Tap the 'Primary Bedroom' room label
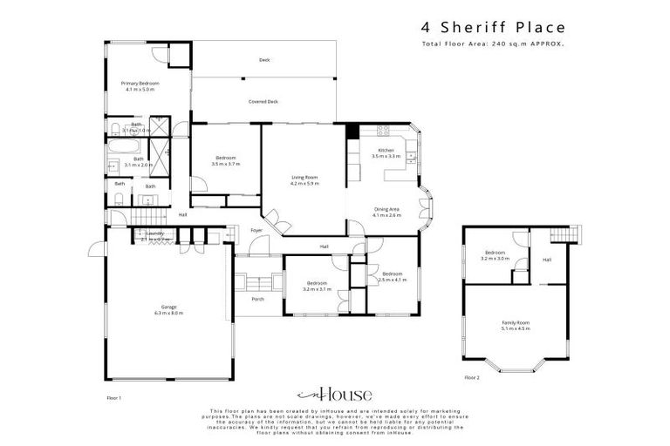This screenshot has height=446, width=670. [140, 84]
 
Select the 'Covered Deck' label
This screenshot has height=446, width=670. [263, 102]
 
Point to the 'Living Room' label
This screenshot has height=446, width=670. [304, 178]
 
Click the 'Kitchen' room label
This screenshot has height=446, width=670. [386, 151]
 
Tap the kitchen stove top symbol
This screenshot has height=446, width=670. [382, 132]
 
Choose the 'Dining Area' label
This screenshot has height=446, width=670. [386, 209]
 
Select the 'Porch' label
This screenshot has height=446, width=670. [257, 299]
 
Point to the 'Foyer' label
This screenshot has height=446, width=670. [256, 230]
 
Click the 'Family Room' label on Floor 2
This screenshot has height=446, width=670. [516, 322]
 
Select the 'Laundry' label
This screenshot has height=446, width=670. [155, 233]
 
